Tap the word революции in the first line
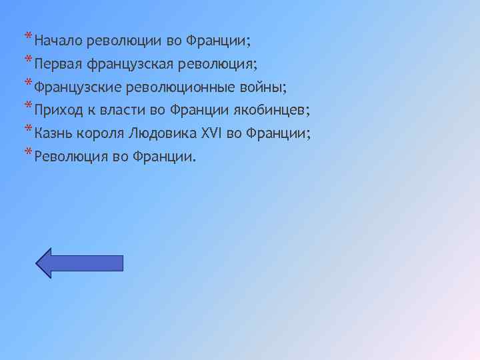(124, 41)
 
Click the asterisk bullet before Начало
(27, 37)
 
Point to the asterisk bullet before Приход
(27, 106)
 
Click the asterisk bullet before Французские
(27, 83)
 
